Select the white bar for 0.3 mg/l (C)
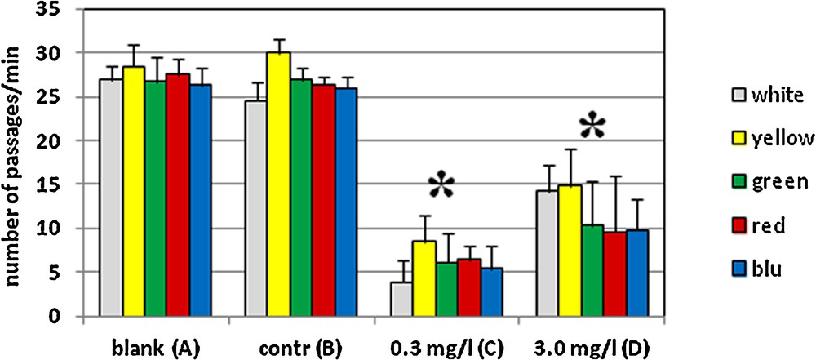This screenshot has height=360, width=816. click(x=401, y=299)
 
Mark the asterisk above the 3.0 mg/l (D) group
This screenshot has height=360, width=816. click(x=592, y=127)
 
